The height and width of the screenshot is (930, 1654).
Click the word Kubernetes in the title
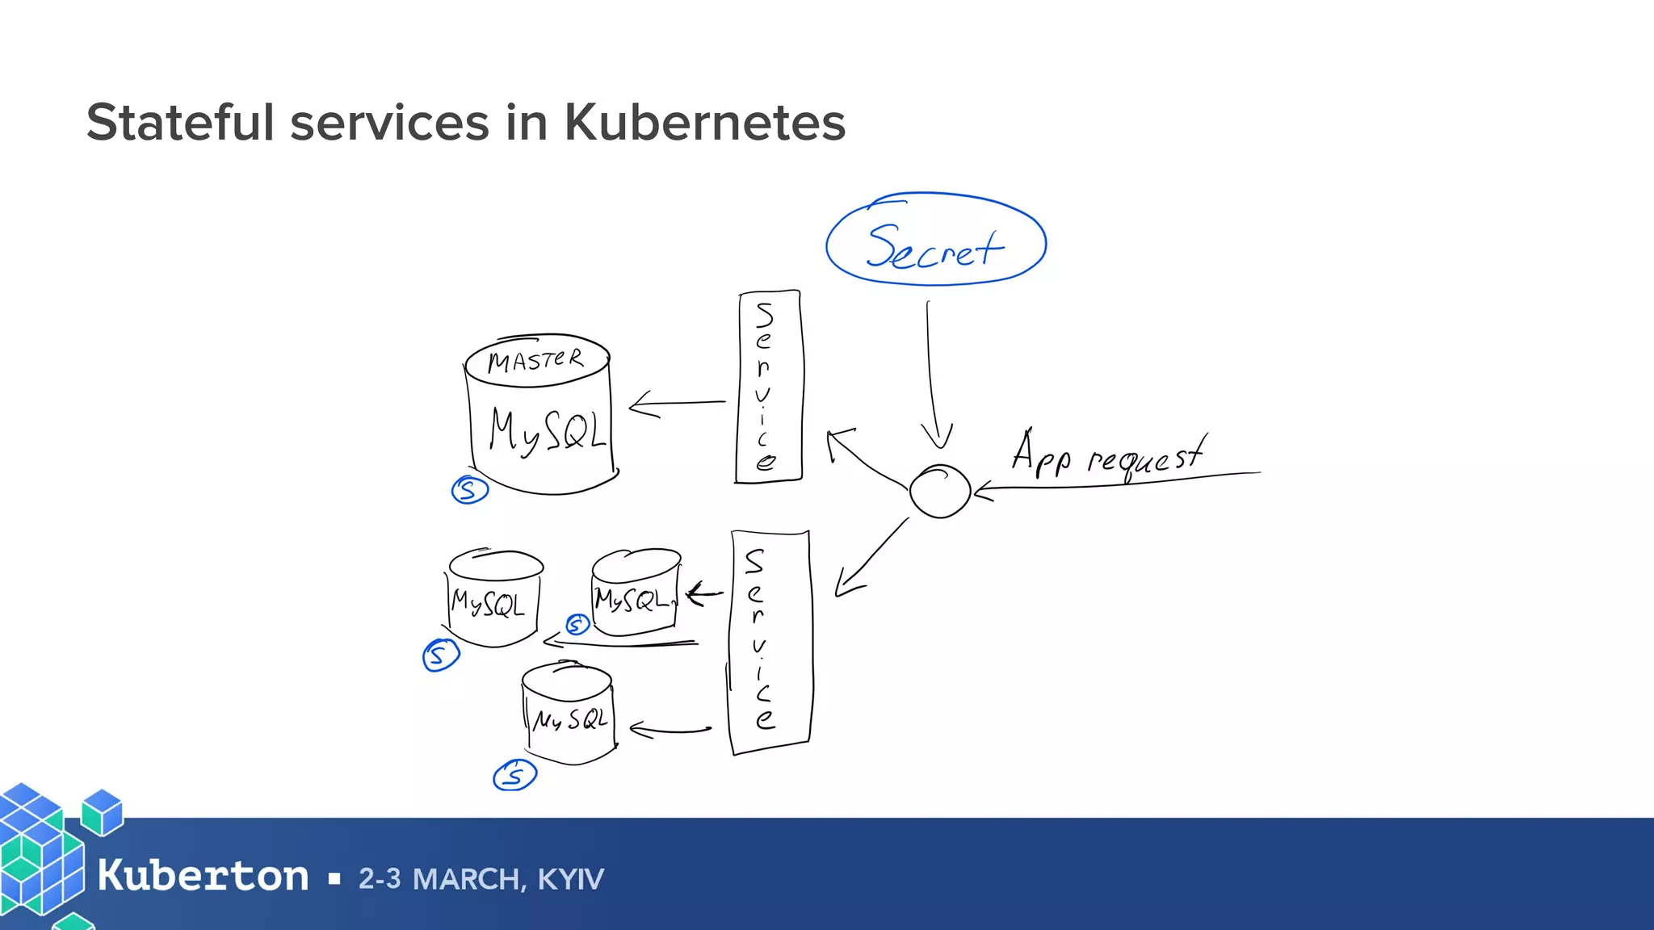pos(704,123)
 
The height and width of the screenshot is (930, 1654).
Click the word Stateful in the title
pos(180,123)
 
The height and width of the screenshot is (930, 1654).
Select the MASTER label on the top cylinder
pos(535,360)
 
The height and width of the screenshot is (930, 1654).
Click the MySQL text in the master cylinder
pos(546,430)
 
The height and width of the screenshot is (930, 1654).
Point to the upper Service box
pos(768,387)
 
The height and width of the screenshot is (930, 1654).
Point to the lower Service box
pos(769,642)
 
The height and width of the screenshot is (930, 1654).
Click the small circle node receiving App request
pos(939,490)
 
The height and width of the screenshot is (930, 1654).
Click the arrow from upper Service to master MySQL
pos(677,403)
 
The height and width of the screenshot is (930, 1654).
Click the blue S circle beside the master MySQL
pos(470,490)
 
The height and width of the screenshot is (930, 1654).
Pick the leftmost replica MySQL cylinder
pos(492,598)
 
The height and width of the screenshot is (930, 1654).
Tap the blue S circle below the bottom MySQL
pos(514,776)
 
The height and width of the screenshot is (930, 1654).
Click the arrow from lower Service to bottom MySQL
pos(670,731)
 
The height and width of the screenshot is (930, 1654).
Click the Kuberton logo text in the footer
pos(203,876)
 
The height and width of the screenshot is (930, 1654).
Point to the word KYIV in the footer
pos(570,879)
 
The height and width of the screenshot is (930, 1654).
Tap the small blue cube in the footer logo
pos(103,811)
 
